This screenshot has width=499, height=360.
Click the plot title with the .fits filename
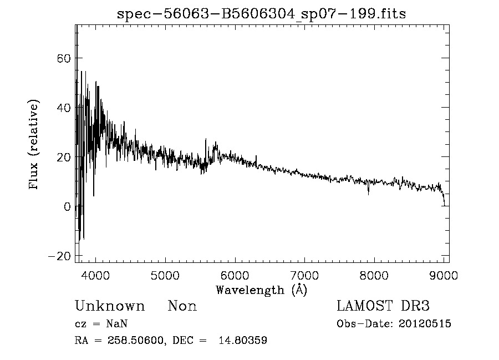[x=261, y=14]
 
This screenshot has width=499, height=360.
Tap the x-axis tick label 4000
[x=96, y=276]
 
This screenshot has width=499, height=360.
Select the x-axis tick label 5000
[x=165, y=276]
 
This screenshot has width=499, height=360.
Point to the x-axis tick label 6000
[x=235, y=276]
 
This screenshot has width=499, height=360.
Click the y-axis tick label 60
[x=63, y=58]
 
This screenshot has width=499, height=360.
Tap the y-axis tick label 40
[x=63, y=108]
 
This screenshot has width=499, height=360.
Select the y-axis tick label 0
[x=67, y=207]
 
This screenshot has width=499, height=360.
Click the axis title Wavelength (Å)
[x=261, y=290]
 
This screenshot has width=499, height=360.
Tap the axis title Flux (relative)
[x=34, y=145]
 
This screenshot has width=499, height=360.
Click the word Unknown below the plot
[x=110, y=306]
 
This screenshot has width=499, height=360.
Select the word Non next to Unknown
[x=182, y=306]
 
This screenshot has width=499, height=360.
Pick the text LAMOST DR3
[x=383, y=306]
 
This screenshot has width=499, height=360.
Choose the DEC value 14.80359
[x=246, y=341]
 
